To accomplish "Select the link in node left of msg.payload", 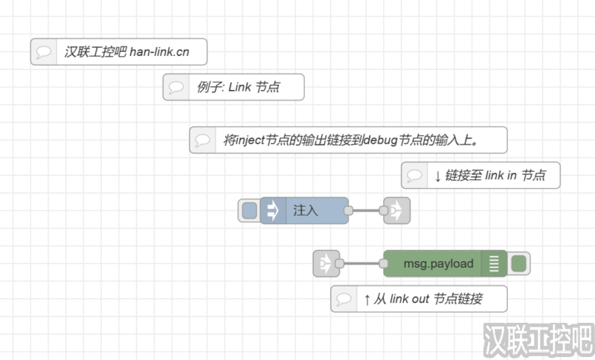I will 325,263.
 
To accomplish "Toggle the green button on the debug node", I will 519,263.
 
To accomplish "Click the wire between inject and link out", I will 365,210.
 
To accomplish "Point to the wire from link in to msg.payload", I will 361,263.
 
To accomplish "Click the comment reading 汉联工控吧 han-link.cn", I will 119,52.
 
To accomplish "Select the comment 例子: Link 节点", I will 234,87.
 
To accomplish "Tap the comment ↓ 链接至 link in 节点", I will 480,176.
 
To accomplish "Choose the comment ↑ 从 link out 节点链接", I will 419,299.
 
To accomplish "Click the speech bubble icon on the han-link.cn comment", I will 45,52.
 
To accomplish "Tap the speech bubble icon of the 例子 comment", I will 177,87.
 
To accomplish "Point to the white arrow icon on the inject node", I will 272,210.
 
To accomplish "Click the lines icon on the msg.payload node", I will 493,263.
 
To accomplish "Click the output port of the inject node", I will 348,210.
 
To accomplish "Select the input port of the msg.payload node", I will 385,263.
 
